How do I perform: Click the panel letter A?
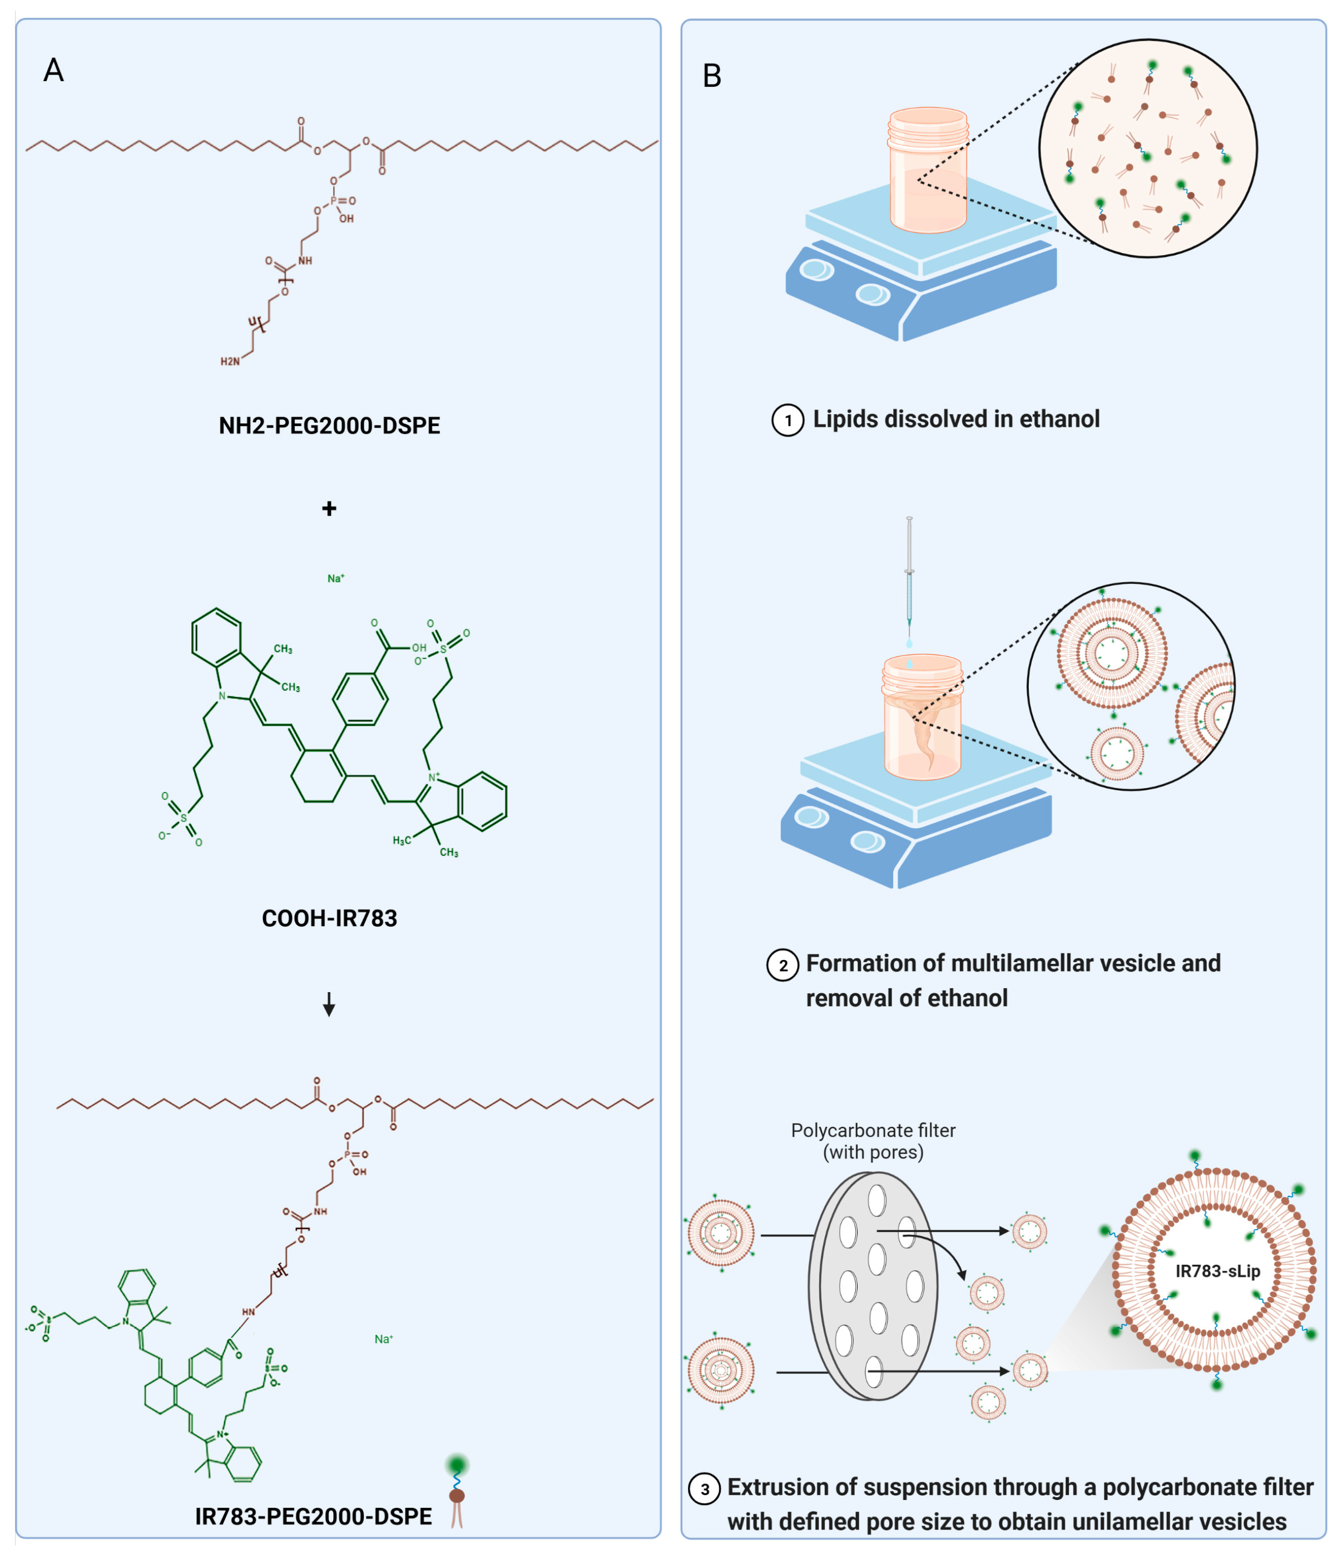tap(53, 71)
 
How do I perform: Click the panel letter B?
tap(711, 76)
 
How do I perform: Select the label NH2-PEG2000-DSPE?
tap(329, 425)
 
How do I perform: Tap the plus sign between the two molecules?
tap(329, 509)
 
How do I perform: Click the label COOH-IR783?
tap(329, 918)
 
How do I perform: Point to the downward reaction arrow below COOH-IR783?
tap(329, 1004)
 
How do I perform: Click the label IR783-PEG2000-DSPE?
tap(313, 1516)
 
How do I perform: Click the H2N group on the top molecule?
tap(230, 361)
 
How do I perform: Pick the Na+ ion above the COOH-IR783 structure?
tap(335, 578)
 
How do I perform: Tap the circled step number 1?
tap(787, 420)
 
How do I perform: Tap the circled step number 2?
tap(783, 965)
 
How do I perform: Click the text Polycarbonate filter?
tap(873, 1130)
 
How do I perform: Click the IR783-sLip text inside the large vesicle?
tap(1217, 1271)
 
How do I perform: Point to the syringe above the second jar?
tap(909, 571)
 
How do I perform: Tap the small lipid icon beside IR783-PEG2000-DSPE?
tap(456, 1493)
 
